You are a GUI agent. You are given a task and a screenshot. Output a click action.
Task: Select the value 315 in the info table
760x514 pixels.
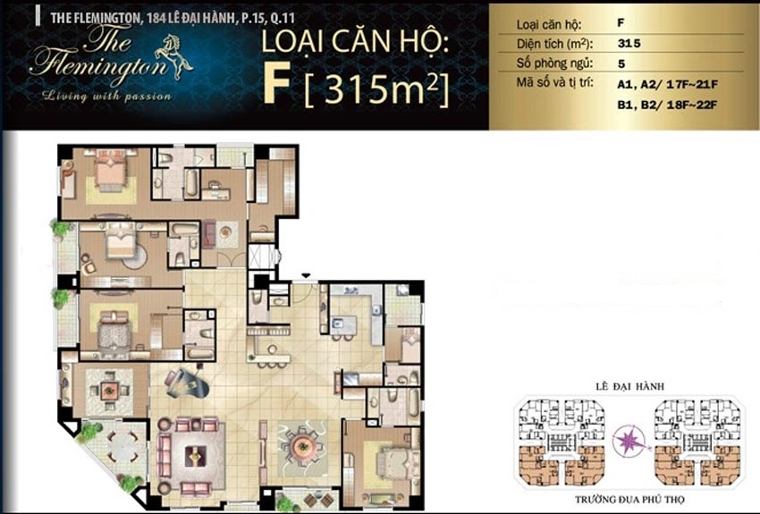pos(628,42)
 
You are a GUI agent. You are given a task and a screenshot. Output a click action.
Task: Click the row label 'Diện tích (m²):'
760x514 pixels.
pos(549,43)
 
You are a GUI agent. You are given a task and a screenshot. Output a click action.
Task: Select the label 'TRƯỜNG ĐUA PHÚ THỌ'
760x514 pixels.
pos(631,501)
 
